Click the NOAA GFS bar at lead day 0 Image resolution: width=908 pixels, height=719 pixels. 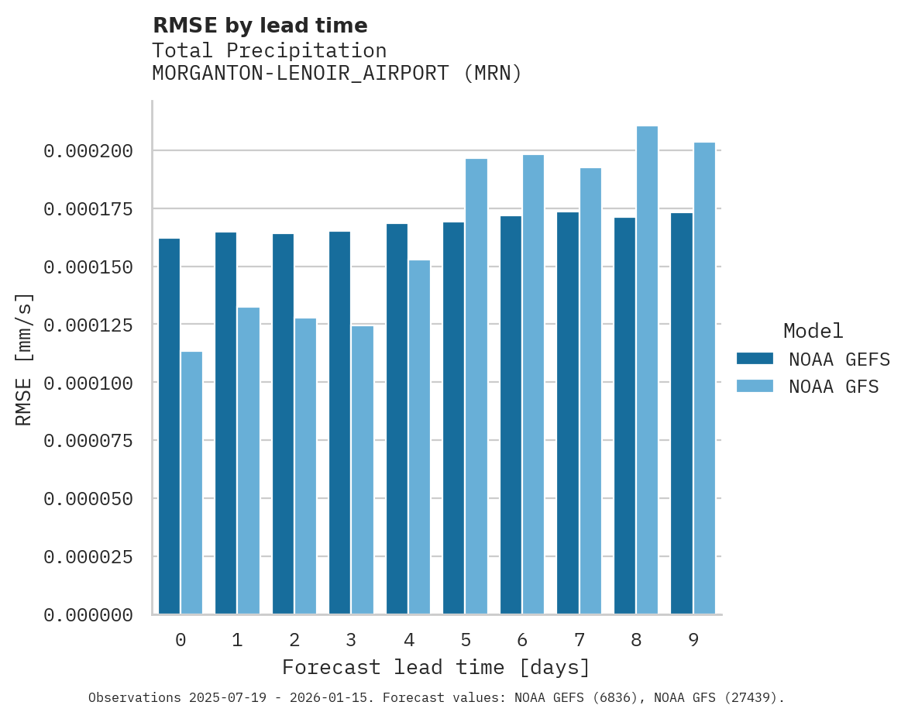[191, 483]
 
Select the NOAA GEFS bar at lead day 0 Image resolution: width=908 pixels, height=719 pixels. [169, 426]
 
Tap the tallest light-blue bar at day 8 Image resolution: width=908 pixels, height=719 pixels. [647, 370]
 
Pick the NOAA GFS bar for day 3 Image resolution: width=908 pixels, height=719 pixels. [363, 470]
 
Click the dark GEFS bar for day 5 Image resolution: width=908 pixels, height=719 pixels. [454, 418]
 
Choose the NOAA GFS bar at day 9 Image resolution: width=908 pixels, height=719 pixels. [704, 378]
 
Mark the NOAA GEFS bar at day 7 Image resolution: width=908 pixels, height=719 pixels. [568, 413]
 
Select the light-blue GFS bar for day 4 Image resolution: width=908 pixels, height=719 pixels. [419, 437]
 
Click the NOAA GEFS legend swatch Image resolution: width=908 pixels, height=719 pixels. [755, 358]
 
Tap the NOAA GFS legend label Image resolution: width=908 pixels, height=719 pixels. [834, 386]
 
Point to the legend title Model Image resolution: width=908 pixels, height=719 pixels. [813, 331]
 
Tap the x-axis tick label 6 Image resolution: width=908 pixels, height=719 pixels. [522, 640]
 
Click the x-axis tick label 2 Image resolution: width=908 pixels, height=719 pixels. [294, 640]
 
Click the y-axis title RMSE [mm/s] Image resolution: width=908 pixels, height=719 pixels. [24, 359]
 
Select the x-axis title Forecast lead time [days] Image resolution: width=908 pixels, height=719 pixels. [436, 667]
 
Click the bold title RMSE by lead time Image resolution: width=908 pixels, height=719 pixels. [260, 26]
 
